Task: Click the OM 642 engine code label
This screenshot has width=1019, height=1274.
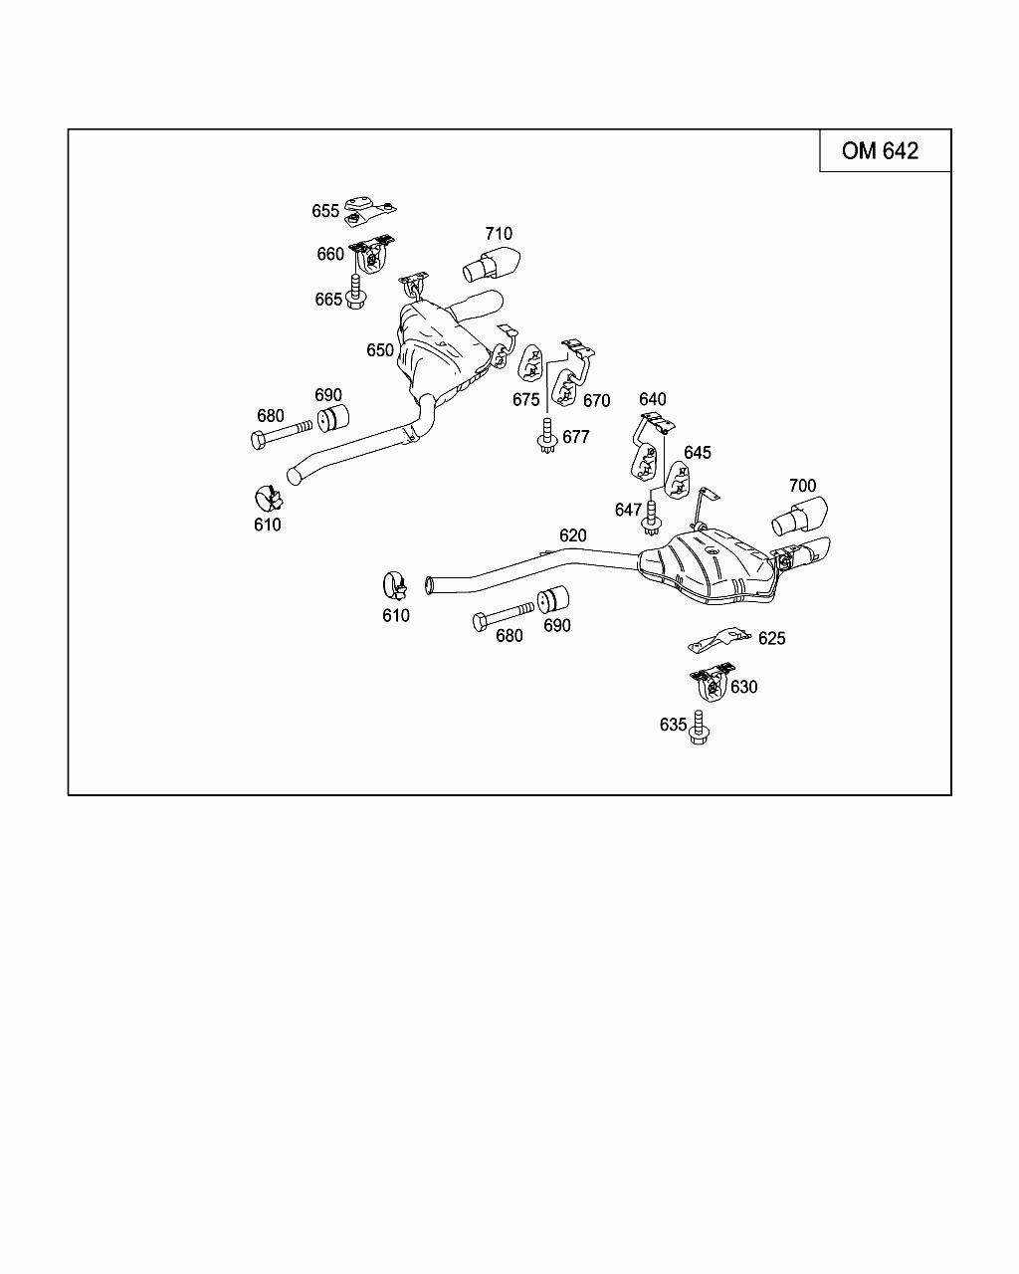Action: tap(880, 150)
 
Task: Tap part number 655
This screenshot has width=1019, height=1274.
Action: tap(325, 211)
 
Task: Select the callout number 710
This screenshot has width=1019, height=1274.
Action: tap(499, 234)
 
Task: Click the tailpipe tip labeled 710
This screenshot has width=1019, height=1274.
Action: tap(494, 265)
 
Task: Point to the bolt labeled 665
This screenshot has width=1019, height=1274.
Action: tap(356, 292)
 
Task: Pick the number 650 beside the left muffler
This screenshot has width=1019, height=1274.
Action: tap(380, 350)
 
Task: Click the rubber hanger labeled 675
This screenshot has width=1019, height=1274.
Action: tap(530, 363)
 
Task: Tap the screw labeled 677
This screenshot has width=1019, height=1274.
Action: tap(545, 439)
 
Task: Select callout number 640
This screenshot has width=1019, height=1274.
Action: tap(653, 400)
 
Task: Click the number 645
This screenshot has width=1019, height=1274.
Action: tap(698, 453)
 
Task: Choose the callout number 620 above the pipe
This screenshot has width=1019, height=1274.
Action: tap(573, 535)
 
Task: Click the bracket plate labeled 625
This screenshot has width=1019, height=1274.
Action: tap(719, 640)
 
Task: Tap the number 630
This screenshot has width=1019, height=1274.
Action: tap(743, 687)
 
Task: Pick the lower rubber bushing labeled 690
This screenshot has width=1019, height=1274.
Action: tap(552, 602)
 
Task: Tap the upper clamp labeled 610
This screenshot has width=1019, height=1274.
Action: tap(268, 496)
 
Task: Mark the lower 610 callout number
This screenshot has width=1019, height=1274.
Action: tap(396, 616)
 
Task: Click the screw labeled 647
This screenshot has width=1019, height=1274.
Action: tap(652, 516)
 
